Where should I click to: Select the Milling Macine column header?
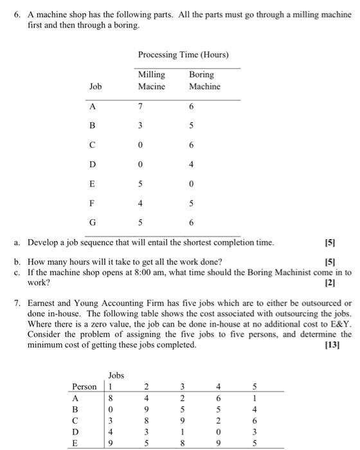click(x=152, y=80)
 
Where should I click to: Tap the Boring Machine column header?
click(x=204, y=80)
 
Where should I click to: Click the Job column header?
click(x=95, y=86)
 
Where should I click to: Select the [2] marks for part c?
click(x=346, y=283)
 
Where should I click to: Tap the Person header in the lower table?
click(x=84, y=387)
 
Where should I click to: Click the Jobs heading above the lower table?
click(x=117, y=375)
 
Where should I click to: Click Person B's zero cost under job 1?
click(x=111, y=409)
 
